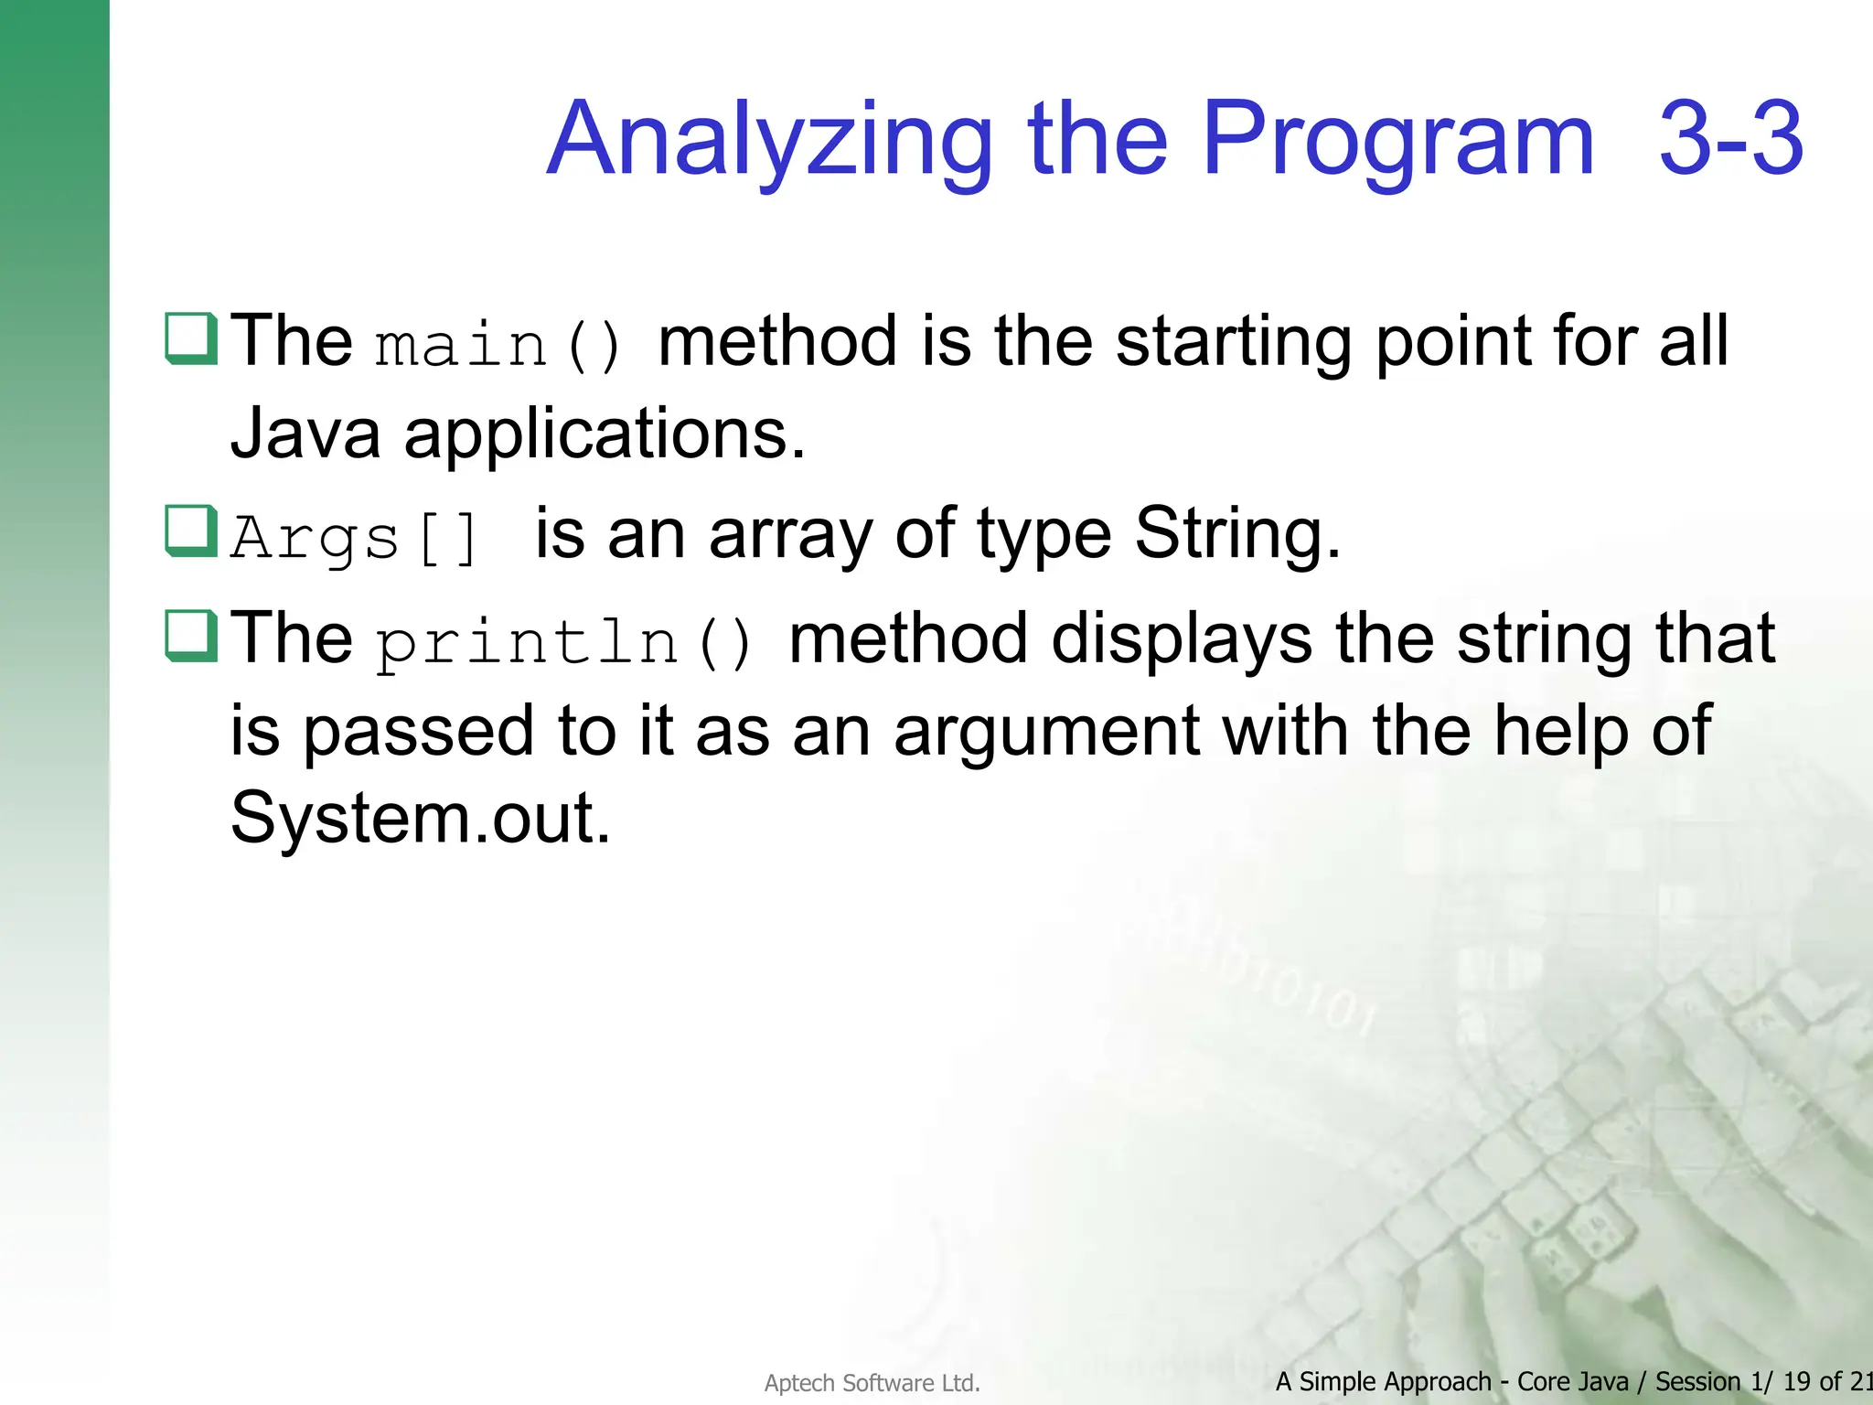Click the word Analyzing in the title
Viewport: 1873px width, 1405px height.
coord(768,142)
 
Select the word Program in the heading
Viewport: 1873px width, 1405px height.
coord(1397,142)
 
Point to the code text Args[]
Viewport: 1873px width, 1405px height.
coord(355,538)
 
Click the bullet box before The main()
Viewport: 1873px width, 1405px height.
coord(191,338)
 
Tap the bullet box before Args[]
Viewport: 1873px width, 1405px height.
coord(191,531)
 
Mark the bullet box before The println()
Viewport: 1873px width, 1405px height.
coord(191,636)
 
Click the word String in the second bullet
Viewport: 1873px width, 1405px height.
coord(1236,534)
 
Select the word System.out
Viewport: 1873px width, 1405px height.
coord(420,817)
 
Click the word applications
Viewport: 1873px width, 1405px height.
coord(605,434)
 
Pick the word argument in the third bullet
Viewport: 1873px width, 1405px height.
coord(1046,732)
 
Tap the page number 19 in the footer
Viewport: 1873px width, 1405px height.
coord(1797,1381)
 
